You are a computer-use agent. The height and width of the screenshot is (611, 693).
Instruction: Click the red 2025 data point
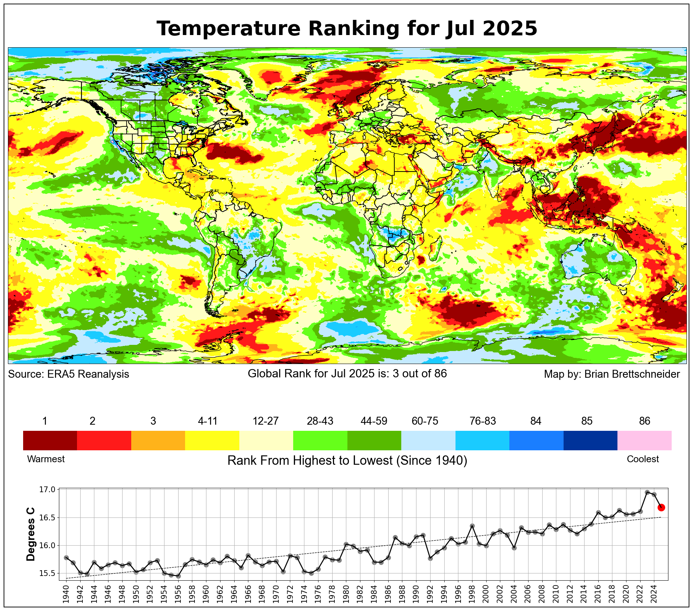(x=661, y=507)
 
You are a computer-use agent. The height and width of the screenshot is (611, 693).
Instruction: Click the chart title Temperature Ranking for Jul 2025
(x=347, y=29)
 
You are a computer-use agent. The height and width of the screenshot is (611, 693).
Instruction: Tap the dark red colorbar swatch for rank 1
(x=50, y=440)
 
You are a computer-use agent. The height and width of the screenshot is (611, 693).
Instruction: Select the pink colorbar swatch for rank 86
(x=644, y=440)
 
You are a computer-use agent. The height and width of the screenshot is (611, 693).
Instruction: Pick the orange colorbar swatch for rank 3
(x=158, y=440)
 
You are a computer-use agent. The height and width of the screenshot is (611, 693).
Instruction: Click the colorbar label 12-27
(x=265, y=421)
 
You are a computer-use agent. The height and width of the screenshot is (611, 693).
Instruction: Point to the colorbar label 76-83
(x=483, y=421)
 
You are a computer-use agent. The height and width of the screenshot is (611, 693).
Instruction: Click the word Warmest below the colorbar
(x=46, y=459)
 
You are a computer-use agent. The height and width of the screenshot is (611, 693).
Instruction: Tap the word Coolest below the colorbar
(x=642, y=459)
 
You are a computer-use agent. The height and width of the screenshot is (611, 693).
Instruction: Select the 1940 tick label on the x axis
(x=66, y=594)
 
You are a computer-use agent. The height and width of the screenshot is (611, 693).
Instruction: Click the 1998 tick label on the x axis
(x=472, y=594)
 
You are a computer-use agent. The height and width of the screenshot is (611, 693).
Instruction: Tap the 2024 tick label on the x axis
(x=654, y=594)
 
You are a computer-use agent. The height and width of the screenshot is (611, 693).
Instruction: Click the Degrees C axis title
(x=31, y=534)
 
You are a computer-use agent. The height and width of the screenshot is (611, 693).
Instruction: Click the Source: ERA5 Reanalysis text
(x=69, y=374)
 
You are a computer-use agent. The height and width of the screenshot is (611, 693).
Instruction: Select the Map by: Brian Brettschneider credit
(x=612, y=374)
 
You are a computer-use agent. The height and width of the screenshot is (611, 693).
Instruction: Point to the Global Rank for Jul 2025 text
(x=347, y=373)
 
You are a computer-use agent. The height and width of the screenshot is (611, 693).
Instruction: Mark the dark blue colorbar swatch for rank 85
(x=590, y=440)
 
